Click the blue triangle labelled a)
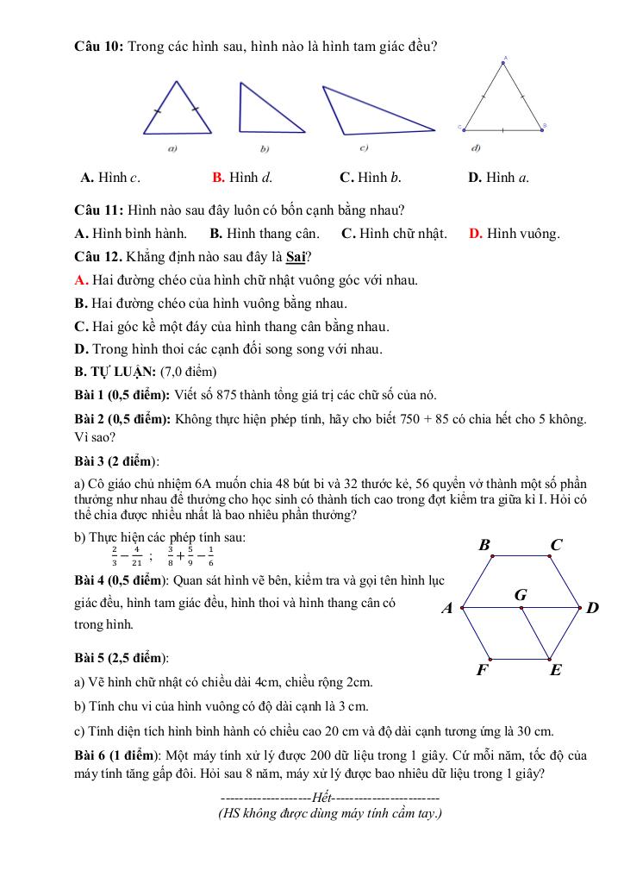coord(178,112)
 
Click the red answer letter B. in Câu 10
coord(219,178)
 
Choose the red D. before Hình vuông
coord(476,234)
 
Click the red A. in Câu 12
coord(82,280)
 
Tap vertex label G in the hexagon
coord(521,595)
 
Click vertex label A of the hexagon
coord(447,609)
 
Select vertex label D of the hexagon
coord(592,609)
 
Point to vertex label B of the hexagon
coord(484,545)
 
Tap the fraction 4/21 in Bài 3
coord(136,555)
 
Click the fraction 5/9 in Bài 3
coord(190,555)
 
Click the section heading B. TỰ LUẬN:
coord(115,373)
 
